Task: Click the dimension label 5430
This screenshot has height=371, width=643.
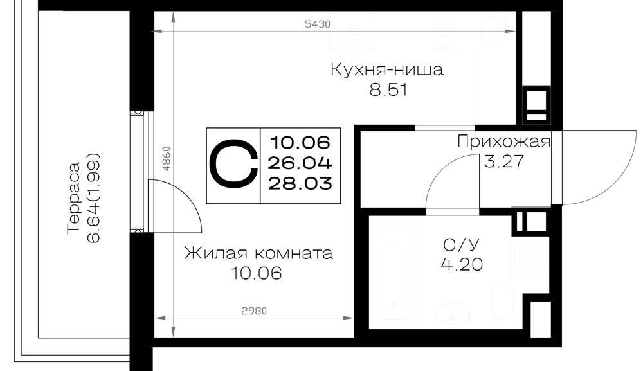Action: pos(318,24)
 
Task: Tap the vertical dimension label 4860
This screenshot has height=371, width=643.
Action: pos(166,159)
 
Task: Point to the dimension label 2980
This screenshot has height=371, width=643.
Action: pos(254,311)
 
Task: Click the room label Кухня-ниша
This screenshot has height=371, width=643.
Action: pos(387,69)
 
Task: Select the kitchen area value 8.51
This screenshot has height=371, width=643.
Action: pos(388,90)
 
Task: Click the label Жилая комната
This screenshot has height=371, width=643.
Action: pos(258,253)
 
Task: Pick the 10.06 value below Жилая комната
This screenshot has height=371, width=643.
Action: pos(257,273)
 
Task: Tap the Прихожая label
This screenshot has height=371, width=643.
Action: pos(503,142)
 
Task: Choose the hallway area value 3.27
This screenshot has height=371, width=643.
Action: pos(504,161)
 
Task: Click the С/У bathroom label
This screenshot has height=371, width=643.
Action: pos(461,245)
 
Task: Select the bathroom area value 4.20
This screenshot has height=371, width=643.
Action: pos(462,264)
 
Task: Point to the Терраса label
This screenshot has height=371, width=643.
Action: pos(74,198)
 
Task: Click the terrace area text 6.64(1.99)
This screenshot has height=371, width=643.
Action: pos(94,198)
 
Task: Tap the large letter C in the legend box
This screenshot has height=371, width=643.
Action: pos(233,165)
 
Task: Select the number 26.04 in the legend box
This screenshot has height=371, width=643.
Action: pos(300,163)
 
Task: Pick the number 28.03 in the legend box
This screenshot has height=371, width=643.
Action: pos(300,183)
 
